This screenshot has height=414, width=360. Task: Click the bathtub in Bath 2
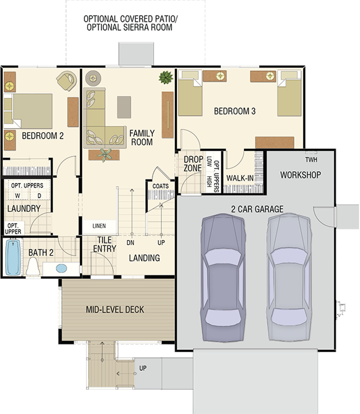pos(13,256)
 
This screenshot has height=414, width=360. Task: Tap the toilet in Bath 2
pos(33,266)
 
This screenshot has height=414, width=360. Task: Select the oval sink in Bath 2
pos(61,268)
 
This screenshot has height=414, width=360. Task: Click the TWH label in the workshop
pos(311,160)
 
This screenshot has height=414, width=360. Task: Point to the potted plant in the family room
pos(166,77)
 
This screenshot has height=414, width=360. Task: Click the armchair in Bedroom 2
pos(67,81)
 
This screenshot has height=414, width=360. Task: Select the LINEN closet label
pos(99,226)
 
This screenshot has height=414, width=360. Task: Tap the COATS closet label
pos(160,186)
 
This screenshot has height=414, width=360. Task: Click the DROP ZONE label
pos(193,164)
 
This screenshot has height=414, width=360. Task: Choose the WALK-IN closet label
pos(240,178)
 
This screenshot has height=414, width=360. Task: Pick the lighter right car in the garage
pos(289,277)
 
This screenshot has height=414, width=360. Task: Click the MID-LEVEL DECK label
pos(115,309)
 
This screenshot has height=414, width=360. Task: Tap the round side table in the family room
pos(93,78)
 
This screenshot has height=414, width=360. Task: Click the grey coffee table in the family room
pos(124,107)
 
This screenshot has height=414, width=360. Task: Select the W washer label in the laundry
pos(17,196)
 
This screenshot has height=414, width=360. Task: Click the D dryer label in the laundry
pos(39,196)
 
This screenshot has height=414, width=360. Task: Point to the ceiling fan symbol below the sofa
pos(104,155)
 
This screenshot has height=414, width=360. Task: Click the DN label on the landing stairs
pos(131,243)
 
